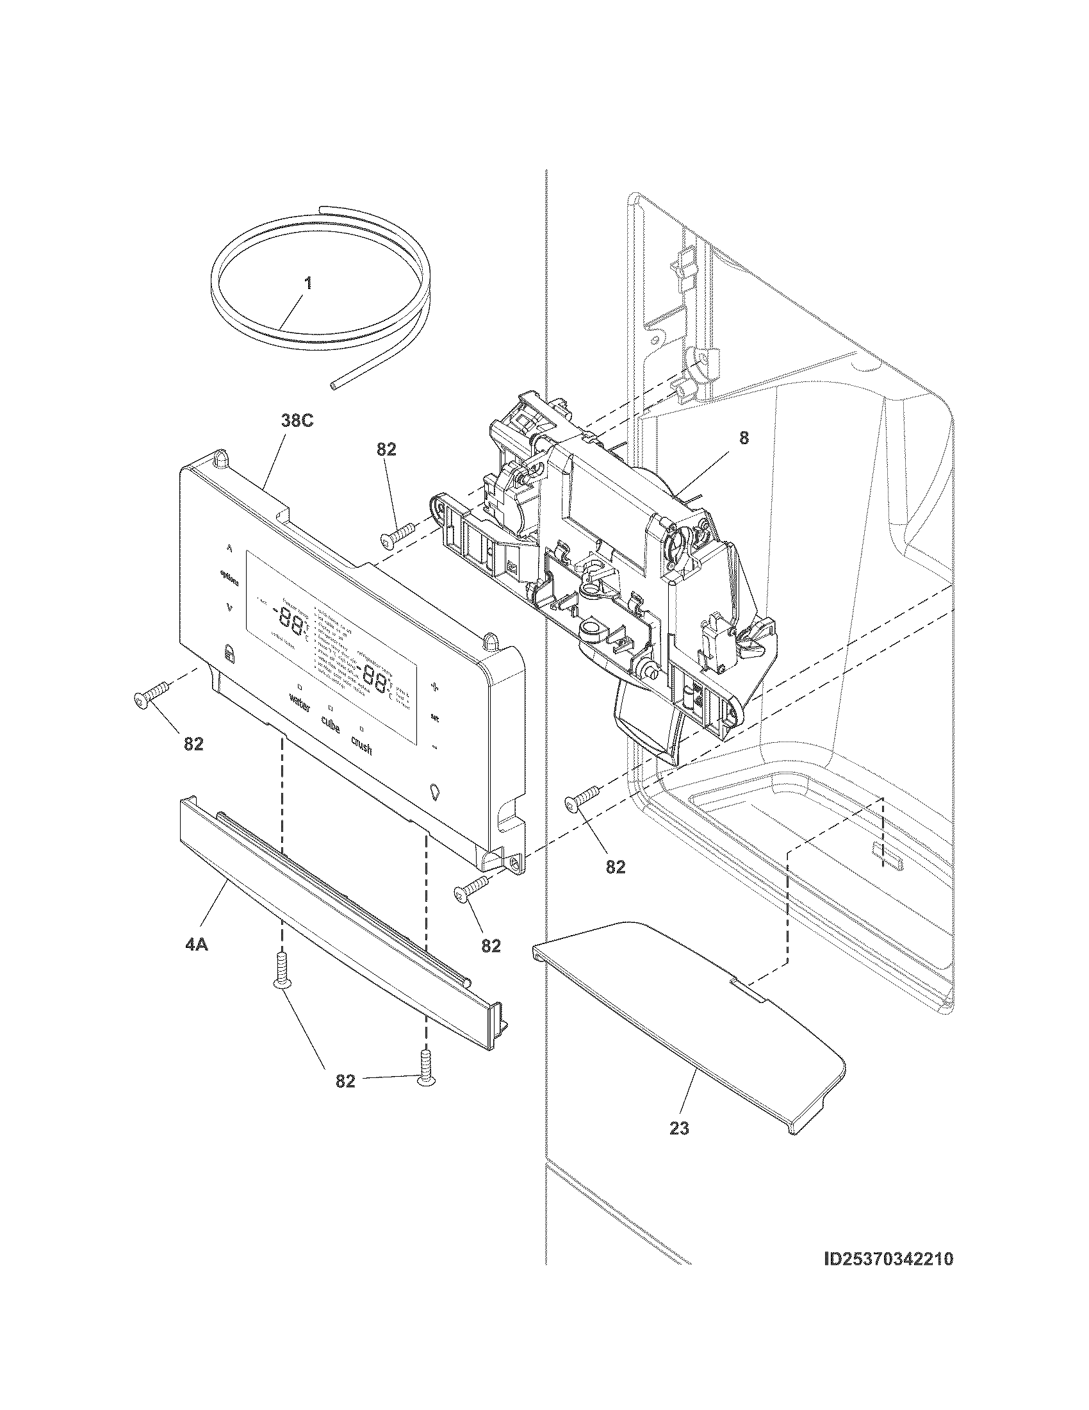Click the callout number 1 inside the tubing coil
click(307, 283)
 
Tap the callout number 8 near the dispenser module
click(744, 438)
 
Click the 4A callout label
click(196, 945)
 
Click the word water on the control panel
click(300, 701)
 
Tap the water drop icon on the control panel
click(434, 791)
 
